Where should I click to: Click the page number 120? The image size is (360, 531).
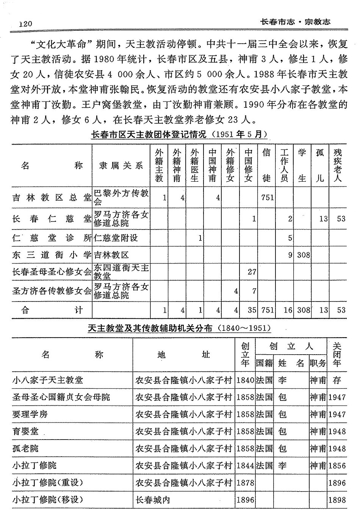tap(26, 24)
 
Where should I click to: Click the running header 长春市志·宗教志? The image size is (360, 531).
tap(295, 22)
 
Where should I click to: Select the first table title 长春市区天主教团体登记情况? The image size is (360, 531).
tap(149, 134)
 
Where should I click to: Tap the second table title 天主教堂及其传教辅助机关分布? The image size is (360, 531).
tap(150, 328)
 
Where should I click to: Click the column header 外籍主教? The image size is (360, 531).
tap(159, 165)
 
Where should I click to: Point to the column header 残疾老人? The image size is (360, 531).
tap(337, 165)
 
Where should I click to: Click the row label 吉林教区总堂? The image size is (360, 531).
tap(52, 198)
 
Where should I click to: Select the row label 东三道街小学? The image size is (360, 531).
tap(52, 255)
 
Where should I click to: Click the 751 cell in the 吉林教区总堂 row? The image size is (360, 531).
tap(267, 198)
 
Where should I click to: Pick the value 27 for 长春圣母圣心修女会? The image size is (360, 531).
tap(252, 272)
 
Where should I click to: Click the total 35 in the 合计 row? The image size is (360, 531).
tap(252, 310)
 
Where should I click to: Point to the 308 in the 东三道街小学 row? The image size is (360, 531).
tap(303, 255)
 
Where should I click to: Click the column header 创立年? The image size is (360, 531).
tap(245, 355)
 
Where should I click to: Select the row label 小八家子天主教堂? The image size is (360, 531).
tap(48, 380)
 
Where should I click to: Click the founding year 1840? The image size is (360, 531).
tap(245, 380)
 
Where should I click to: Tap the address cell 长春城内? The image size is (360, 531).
tap(153, 500)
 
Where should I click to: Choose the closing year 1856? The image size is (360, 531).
tap(337, 466)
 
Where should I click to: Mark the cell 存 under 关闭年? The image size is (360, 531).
tap(337, 380)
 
